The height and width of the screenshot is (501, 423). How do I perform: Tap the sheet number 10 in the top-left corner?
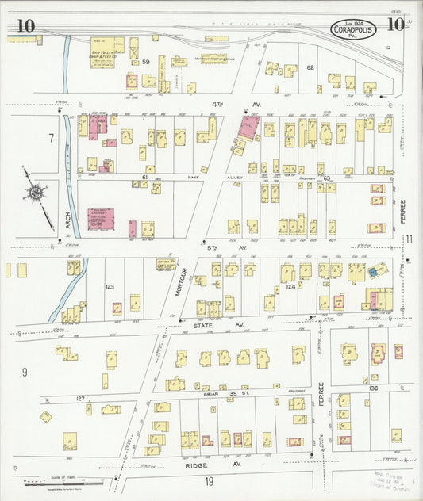coord(25,26)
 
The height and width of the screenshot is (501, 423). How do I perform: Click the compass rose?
coord(35,191)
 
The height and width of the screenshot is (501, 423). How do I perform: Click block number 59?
coord(145,62)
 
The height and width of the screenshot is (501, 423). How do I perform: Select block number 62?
coord(311,67)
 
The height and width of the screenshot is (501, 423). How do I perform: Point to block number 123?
coord(110,286)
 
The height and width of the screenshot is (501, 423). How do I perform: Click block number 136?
coord(374,388)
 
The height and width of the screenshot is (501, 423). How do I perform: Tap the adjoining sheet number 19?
coord(208,481)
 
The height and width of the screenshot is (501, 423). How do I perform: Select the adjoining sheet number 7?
coord(51,139)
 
